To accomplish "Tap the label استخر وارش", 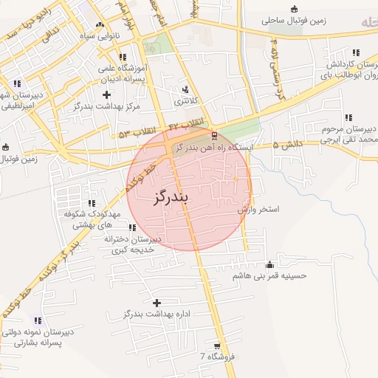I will click(x=258, y=210).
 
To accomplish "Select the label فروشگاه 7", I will click(x=216, y=357).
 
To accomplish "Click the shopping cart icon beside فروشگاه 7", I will click(x=216, y=346).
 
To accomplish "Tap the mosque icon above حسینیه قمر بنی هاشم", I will click(x=269, y=265).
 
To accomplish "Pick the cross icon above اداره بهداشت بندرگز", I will click(x=157, y=303).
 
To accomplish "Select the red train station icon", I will click(x=214, y=136).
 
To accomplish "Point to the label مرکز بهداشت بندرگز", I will click(x=107, y=106).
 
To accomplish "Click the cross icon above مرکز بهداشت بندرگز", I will click(x=107, y=94).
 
